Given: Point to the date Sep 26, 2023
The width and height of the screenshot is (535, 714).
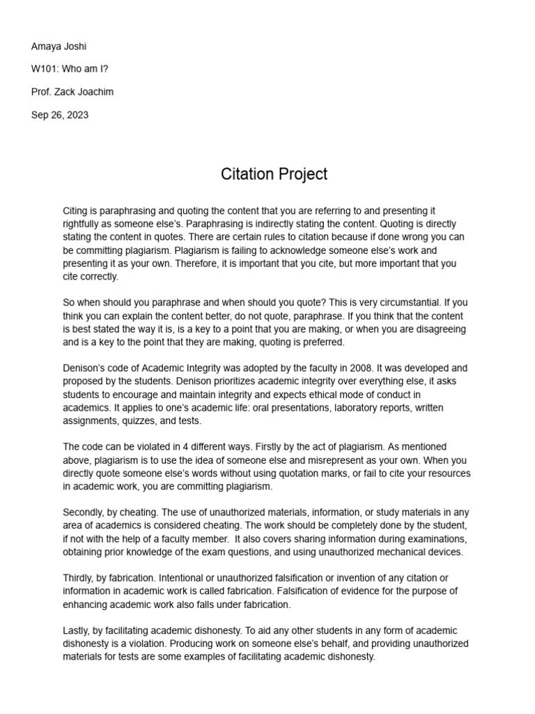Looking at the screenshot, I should point(60,116).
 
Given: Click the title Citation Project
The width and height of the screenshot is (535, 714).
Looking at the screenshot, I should point(274,174).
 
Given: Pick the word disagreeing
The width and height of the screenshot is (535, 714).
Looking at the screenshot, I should point(433,328).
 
